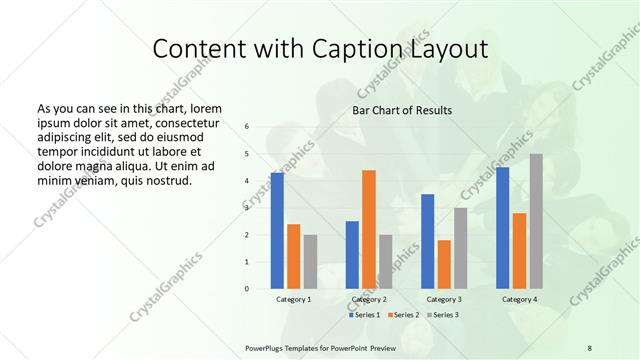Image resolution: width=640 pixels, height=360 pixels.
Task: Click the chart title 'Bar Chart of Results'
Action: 401,110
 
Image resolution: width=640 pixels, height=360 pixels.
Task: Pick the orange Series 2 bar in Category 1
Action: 293,256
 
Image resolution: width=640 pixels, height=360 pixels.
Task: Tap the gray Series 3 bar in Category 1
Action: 310,261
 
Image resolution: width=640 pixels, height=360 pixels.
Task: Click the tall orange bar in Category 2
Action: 369,229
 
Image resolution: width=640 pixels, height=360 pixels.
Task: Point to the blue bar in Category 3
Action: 428,241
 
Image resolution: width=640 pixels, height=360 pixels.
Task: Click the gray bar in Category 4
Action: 536,221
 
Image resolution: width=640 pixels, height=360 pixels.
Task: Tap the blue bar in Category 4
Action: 502,227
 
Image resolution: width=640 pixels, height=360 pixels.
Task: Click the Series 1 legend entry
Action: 365,315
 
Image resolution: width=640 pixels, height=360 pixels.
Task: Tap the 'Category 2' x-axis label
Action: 369,299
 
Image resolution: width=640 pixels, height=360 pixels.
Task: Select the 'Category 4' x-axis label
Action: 519,299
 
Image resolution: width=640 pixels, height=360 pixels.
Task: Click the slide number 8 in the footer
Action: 589,347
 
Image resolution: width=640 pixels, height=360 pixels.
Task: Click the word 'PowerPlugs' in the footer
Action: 266,347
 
